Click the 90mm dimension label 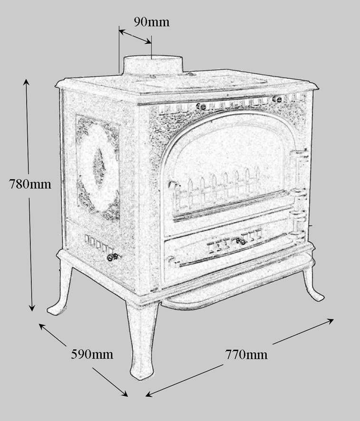[x=152, y=22]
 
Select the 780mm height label [x=30, y=184]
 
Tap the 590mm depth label [x=92, y=354]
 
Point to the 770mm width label [x=246, y=354]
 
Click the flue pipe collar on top [x=153, y=66]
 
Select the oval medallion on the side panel [x=98, y=168]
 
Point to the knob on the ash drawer [x=241, y=241]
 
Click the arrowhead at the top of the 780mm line [x=26, y=81]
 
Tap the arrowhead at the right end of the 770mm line [x=331, y=321]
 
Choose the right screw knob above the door [x=277, y=99]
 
